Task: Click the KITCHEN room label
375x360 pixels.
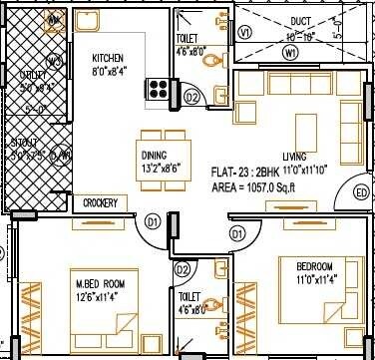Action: coord(108,57)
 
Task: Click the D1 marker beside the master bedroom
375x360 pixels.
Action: coord(153,220)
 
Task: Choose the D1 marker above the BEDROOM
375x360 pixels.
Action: coord(237,232)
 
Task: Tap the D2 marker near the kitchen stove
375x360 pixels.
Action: coord(192,96)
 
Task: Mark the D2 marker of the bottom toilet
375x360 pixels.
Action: coord(183,269)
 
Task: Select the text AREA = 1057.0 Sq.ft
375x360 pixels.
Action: coord(255,186)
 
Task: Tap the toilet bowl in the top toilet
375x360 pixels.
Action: coord(206,61)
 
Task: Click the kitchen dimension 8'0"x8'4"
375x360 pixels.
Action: coord(108,71)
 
